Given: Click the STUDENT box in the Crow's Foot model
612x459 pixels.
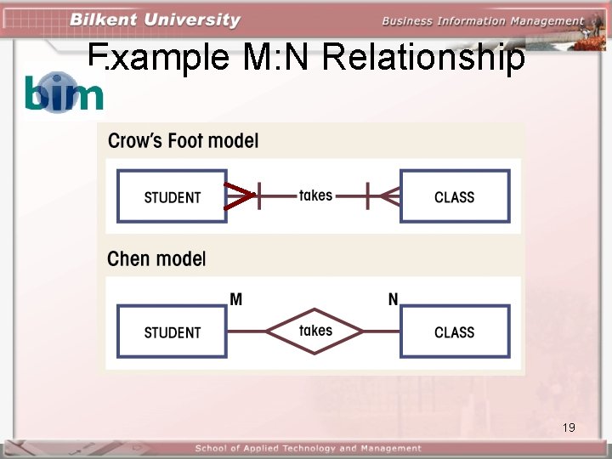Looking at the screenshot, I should click(172, 197).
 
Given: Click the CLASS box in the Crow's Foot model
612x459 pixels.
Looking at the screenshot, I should click(455, 197).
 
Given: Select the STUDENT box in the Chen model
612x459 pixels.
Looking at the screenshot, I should click(172, 332).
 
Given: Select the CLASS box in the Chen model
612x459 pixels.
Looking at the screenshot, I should click(455, 332).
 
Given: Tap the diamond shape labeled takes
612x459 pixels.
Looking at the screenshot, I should click(315, 331).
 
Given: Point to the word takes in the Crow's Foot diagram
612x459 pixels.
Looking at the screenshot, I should click(315, 195).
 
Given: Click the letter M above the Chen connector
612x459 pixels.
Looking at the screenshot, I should click(236, 299).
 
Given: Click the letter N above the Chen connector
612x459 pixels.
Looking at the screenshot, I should click(393, 299).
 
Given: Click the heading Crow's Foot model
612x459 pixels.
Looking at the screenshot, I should click(184, 141).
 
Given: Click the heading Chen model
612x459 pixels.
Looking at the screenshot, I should click(156, 258).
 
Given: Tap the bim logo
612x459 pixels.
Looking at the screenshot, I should click(64, 92).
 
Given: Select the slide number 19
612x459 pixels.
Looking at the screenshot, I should click(569, 427).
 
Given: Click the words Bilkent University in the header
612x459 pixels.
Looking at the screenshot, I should click(155, 20).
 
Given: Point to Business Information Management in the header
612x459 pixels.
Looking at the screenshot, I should click(483, 20).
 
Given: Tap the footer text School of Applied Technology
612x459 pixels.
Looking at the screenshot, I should click(308, 448).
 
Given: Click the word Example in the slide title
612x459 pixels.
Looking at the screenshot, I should click(160, 58).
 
